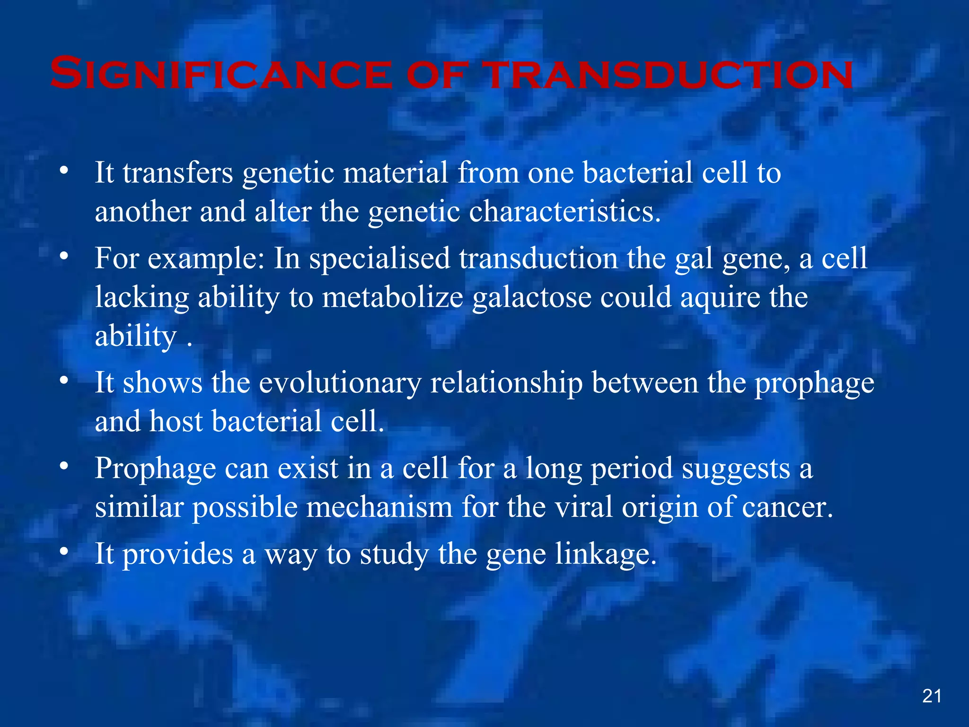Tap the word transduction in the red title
click(x=669, y=74)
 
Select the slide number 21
click(x=932, y=696)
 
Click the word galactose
click(x=532, y=298)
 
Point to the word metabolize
click(x=392, y=298)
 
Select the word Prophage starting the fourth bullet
click(x=155, y=469)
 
